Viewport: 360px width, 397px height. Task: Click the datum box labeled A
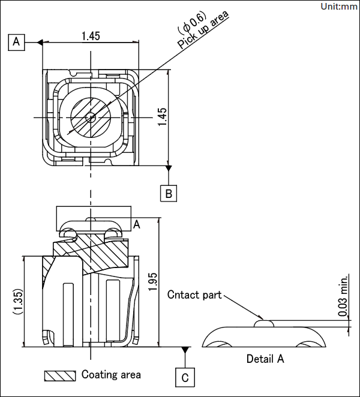point(16,42)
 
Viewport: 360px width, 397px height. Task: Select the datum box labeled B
point(169,194)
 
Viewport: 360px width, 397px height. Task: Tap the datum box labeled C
point(185,377)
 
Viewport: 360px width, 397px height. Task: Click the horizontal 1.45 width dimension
point(91,36)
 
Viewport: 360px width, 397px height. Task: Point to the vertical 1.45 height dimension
point(162,117)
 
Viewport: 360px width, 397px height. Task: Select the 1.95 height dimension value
point(153,282)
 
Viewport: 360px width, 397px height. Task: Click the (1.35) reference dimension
point(18,301)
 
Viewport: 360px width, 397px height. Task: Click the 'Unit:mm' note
point(339,7)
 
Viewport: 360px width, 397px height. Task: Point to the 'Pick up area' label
point(203,30)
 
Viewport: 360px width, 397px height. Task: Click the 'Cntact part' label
point(194,294)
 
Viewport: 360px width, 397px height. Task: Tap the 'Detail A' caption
point(265,359)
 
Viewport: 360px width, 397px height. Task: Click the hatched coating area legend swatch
point(60,376)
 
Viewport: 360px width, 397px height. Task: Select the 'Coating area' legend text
point(111,374)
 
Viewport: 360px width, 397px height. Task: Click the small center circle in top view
point(91,118)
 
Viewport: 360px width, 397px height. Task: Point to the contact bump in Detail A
point(264,323)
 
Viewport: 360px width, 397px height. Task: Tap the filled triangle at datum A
point(40,43)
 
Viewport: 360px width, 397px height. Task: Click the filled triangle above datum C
point(185,350)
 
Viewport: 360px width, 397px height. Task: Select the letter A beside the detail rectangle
point(137,224)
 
